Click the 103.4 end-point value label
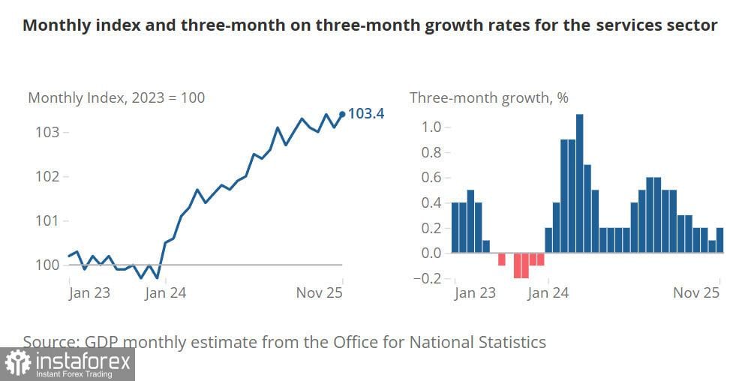366,114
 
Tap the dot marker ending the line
343,114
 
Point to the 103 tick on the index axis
47,133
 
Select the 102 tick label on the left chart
47,177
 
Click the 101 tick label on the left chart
47,220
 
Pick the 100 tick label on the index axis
47,265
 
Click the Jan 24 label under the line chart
165,292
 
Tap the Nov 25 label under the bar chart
696,292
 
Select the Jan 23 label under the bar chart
475,292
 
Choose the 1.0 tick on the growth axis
431,127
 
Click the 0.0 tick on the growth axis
431,253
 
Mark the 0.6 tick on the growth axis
431,177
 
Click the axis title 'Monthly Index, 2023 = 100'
116,97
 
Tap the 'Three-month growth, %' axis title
488,97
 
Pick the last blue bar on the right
720,240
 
